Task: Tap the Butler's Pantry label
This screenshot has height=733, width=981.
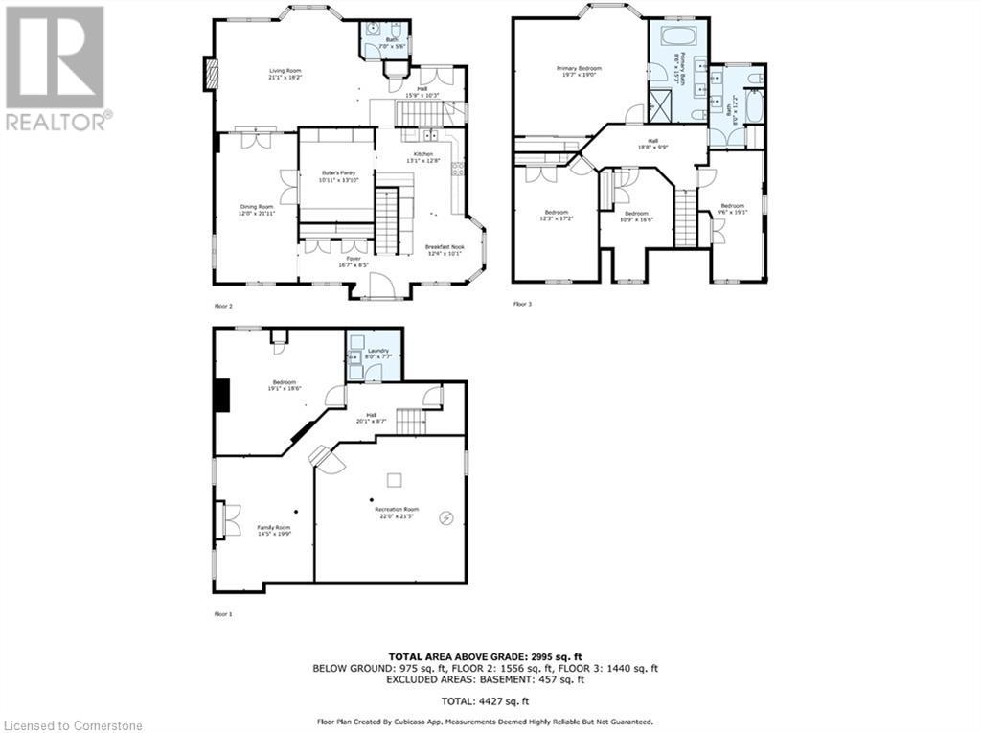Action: click(x=338, y=173)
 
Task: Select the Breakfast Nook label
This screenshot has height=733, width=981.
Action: click(x=444, y=247)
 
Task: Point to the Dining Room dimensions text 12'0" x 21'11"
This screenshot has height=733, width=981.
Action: click(x=257, y=213)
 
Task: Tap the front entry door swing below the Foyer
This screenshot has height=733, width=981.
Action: click(x=381, y=285)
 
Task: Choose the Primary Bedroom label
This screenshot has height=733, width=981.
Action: click(x=580, y=68)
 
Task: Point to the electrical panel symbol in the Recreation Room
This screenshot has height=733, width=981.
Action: click(x=445, y=518)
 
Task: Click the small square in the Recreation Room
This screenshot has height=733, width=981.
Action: click(x=394, y=479)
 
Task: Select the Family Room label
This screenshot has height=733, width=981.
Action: click(x=273, y=528)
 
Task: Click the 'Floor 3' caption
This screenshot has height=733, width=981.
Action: click(x=522, y=305)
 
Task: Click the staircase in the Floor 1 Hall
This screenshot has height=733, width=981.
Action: click(x=410, y=420)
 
